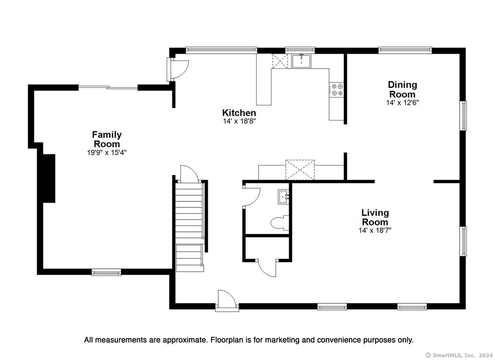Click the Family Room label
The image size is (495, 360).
point(107,139)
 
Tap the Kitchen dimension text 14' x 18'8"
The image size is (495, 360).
point(239,121)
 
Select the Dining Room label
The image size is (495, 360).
point(403,89)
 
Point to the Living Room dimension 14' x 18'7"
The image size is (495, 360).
point(375,230)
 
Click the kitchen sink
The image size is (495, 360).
point(302,61)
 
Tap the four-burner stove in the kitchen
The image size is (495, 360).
point(336,90)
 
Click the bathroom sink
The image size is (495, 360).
point(283,197)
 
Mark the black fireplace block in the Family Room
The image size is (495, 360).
point(49,178)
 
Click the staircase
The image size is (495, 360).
point(190,227)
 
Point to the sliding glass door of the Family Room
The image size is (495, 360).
point(108,88)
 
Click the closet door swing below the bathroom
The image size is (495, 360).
point(267,269)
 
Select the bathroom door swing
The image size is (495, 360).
point(252,197)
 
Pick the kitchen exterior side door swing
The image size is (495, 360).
point(178,69)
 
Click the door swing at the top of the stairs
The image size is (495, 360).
point(190,175)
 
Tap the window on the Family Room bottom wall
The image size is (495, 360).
point(106,272)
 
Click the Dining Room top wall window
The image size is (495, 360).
point(405,50)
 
